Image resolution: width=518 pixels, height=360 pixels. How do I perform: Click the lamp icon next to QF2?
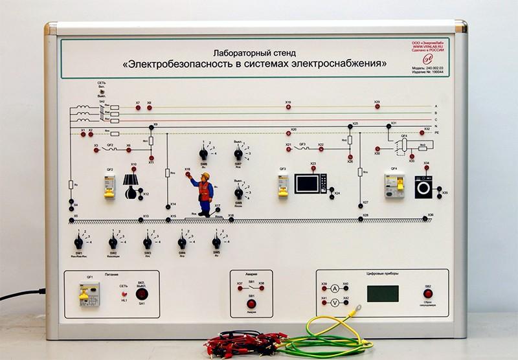click(132, 185)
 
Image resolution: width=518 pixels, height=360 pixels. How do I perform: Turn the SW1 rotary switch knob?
click(78, 243)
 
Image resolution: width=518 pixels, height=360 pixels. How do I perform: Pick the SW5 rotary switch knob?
click(216, 243)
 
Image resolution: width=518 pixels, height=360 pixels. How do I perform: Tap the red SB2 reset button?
click(428, 293)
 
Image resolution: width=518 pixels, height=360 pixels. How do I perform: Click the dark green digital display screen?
click(383, 293)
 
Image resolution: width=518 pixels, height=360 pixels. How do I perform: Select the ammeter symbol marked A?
click(335, 287)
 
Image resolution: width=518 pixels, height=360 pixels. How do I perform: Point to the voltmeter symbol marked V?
click(335, 302)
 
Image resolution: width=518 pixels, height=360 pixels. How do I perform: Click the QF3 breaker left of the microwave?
click(283, 186)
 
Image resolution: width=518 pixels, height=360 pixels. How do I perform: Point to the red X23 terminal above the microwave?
click(313, 170)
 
